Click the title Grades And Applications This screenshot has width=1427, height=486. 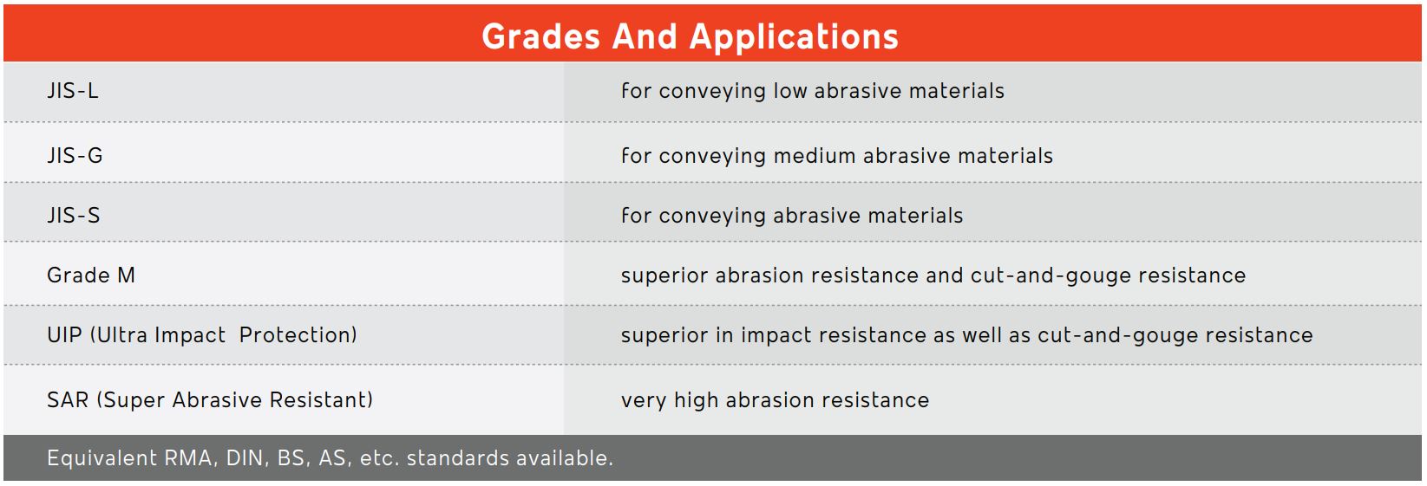tap(690, 36)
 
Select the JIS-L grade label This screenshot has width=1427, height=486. tap(73, 91)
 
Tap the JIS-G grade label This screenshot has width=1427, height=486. tap(75, 156)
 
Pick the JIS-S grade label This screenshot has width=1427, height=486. tap(74, 216)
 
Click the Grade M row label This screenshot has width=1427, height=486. tap(91, 275)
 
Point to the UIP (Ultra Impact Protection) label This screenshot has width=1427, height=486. tap(202, 335)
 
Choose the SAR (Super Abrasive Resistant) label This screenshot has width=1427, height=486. tap(210, 400)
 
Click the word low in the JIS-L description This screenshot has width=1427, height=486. tap(790, 91)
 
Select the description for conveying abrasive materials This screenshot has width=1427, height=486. tap(792, 216)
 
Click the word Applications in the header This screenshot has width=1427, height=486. tap(794, 37)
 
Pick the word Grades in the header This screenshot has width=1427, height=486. tap(540, 36)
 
